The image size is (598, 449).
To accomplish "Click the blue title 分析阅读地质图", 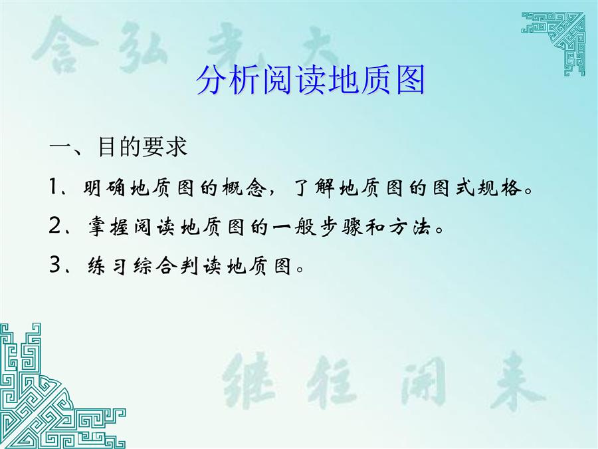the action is click(310, 80).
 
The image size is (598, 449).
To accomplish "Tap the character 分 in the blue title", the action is click(212, 80).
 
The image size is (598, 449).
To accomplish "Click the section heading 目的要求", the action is click(143, 146).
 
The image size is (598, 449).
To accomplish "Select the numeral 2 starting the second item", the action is click(55, 226).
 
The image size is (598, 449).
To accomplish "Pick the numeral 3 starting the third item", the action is click(55, 265).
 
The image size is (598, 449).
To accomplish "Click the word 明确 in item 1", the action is click(104, 188).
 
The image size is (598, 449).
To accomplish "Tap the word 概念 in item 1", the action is click(242, 188).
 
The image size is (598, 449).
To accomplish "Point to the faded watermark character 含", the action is click(64, 45).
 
